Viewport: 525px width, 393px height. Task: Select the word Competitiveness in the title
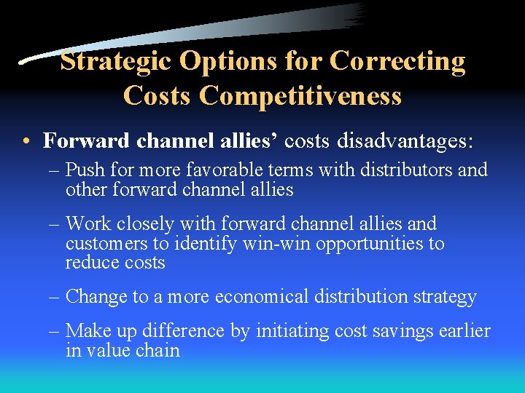click(300, 95)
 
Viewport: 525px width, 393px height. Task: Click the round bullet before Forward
click(26, 140)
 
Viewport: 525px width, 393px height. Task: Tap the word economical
click(254, 297)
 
